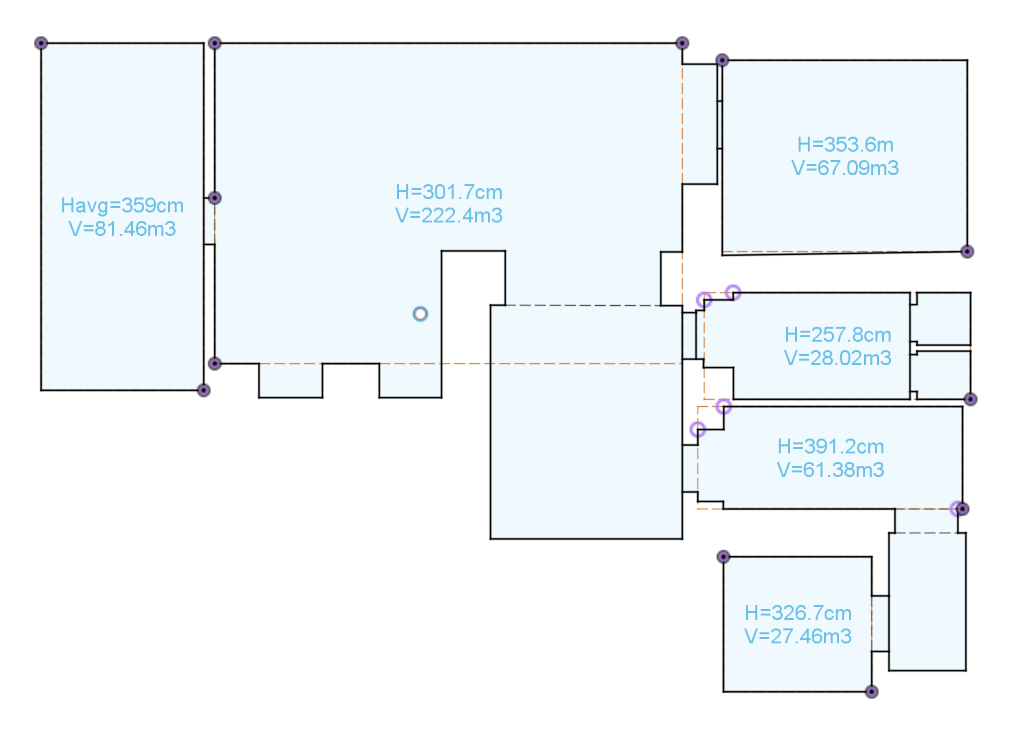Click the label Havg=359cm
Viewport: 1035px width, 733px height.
(x=122, y=205)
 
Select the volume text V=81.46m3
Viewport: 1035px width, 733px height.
(x=122, y=229)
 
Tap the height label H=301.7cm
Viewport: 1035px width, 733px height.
(x=449, y=192)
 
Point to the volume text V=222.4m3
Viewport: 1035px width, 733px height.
(x=449, y=216)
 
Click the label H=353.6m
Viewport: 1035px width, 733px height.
(x=846, y=145)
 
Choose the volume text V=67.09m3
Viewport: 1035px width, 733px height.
(x=846, y=168)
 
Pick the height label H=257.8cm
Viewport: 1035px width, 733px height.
(x=838, y=335)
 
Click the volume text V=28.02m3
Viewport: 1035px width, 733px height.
(x=838, y=358)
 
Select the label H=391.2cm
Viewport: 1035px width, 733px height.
(x=830, y=446)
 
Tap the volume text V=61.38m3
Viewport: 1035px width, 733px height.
(x=830, y=470)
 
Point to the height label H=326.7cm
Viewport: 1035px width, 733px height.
(x=798, y=613)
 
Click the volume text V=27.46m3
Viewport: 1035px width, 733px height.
(x=798, y=637)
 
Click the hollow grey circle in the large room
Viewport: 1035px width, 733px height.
(x=420, y=314)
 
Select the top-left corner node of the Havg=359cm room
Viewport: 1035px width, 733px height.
(x=41, y=44)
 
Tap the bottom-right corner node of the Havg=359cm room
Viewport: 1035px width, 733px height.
(x=204, y=390)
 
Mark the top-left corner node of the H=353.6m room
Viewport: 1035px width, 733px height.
(x=722, y=60)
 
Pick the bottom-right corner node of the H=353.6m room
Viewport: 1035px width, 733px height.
(x=967, y=252)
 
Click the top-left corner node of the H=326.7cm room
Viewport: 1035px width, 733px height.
(x=723, y=557)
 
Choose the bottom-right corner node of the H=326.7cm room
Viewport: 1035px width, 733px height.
(x=871, y=692)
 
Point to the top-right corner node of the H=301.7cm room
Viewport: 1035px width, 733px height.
(x=682, y=44)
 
